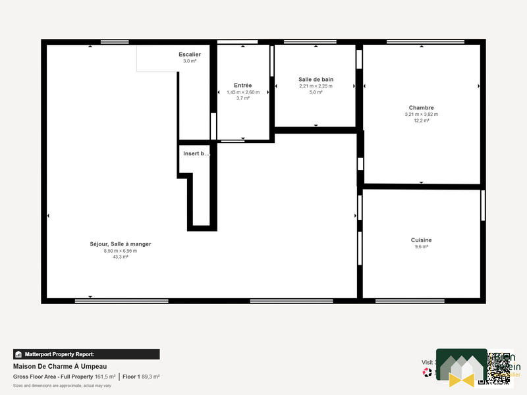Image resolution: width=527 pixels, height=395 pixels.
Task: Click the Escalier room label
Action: pyautogui.click(x=190, y=54)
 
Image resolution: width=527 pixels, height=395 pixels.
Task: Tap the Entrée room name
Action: pyautogui.click(x=242, y=85)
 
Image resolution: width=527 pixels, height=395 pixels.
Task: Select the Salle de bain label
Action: pyautogui.click(x=316, y=79)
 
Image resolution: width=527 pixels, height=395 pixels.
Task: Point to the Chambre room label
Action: pyautogui.click(x=421, y=107)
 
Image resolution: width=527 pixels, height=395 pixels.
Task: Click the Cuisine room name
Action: pyautogui.click(x=421, y=240)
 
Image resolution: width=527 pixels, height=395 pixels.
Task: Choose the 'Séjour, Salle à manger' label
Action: pyautogui.click(x=121, y=244)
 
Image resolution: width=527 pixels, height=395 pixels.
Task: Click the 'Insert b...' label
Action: pyautogui.click(x=196, y=153)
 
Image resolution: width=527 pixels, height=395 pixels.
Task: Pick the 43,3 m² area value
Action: pyautogui.click(x=121, y=257)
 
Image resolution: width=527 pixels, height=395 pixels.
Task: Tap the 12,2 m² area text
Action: pyautogui.click(x=421, y=120)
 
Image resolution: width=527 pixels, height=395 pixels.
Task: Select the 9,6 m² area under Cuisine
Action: pyautogui.click(x=421, y=246)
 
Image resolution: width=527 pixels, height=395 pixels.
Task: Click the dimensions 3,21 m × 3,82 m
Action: pyautogui.click(x=421, y=114)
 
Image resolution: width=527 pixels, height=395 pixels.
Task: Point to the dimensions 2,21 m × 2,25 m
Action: pyautogui.click(x=316, y=86)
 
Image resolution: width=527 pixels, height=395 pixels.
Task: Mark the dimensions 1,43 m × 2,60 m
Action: pyautogui.click(x=242, y=92)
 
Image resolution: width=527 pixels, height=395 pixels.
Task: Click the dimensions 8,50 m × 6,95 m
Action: pyautogui.click(x=121, y=250)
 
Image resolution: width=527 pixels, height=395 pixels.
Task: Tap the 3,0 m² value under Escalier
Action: pyautogui.click(x=190, y=61)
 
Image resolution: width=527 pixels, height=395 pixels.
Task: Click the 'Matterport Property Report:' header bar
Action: pyautogui.click(x=86, y=354)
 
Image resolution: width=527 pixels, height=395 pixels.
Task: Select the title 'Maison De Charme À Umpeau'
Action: pyautogui.click(x=60, y=366)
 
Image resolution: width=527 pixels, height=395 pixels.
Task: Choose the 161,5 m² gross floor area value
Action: pyautogui.click(x=105, y=377)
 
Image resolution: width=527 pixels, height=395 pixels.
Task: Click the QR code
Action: pyautogui.click(x=499, y=367)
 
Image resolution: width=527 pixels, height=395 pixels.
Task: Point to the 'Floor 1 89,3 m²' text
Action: pyautogui.click(x=142, y=377)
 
